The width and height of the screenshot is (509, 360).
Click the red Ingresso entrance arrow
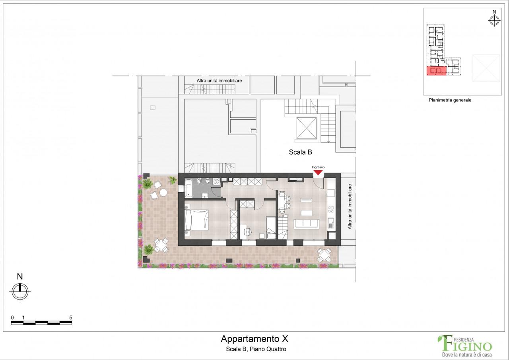point(318,173)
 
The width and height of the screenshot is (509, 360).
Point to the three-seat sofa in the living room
point(306,224)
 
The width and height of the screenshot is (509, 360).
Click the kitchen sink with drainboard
point(331,222)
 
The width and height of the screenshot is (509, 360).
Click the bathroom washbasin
point(205,195)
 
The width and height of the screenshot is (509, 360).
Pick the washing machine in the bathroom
point(216,181)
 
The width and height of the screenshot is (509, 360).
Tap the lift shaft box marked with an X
point(307,128)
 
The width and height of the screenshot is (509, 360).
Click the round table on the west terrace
point(163,193)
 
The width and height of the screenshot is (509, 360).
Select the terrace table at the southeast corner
point(324,255)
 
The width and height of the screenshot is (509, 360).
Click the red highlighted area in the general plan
point(436,71)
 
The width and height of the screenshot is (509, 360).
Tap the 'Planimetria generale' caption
point(450,100)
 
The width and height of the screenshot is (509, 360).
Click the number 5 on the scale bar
point(70,317)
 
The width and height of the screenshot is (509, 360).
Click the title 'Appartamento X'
point(254,339)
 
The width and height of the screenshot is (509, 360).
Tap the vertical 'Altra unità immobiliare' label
point(350,206)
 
